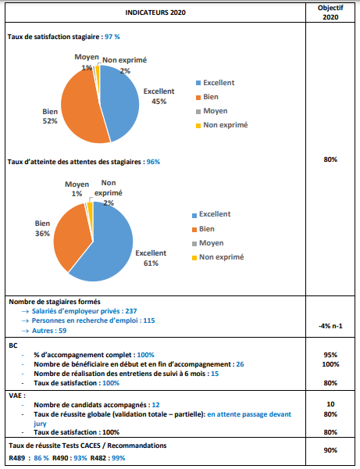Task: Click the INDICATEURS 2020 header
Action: coord(155,13)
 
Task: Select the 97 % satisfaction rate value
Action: coord(112,37)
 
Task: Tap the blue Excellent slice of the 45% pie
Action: coord(121,102)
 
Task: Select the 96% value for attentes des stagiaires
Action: coord(153,162)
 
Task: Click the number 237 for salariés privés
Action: coord(131,311)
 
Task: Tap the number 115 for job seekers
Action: coord(149,320)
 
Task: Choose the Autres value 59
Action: coord(62,331)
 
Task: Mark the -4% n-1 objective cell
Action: coord(330,326)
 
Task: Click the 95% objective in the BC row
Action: coord(330,355)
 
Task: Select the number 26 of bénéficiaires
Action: coord(240,364)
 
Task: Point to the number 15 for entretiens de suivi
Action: coord(215,374)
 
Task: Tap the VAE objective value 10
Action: coord(330,404)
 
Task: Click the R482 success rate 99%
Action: coord(118,458)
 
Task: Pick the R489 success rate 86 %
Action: coord(41,458)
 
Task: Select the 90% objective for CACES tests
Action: coord(330,450)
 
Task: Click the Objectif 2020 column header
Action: coord(330,13)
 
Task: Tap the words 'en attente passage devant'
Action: coord(249,414)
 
